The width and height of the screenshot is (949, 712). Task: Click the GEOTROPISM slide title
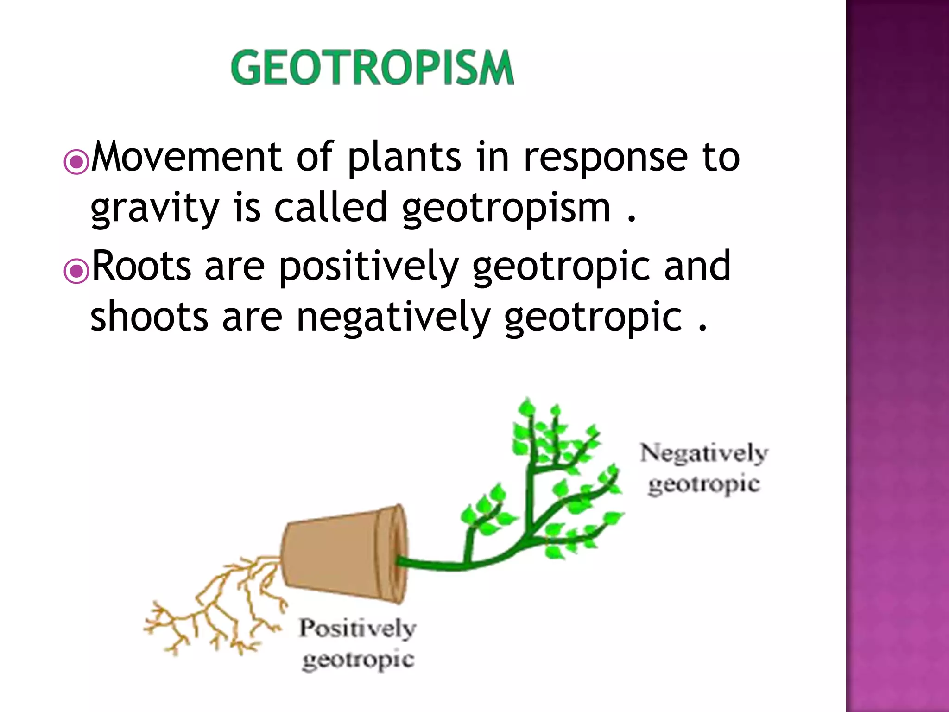point(372,68)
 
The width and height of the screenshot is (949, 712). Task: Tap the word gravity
point(154,209)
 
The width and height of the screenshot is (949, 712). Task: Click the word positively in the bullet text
point(369,267)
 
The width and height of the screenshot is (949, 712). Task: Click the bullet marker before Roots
point(76,271)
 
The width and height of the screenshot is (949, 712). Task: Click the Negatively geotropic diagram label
point(704,468)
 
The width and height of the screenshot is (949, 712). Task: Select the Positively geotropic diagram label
point(357,644)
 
